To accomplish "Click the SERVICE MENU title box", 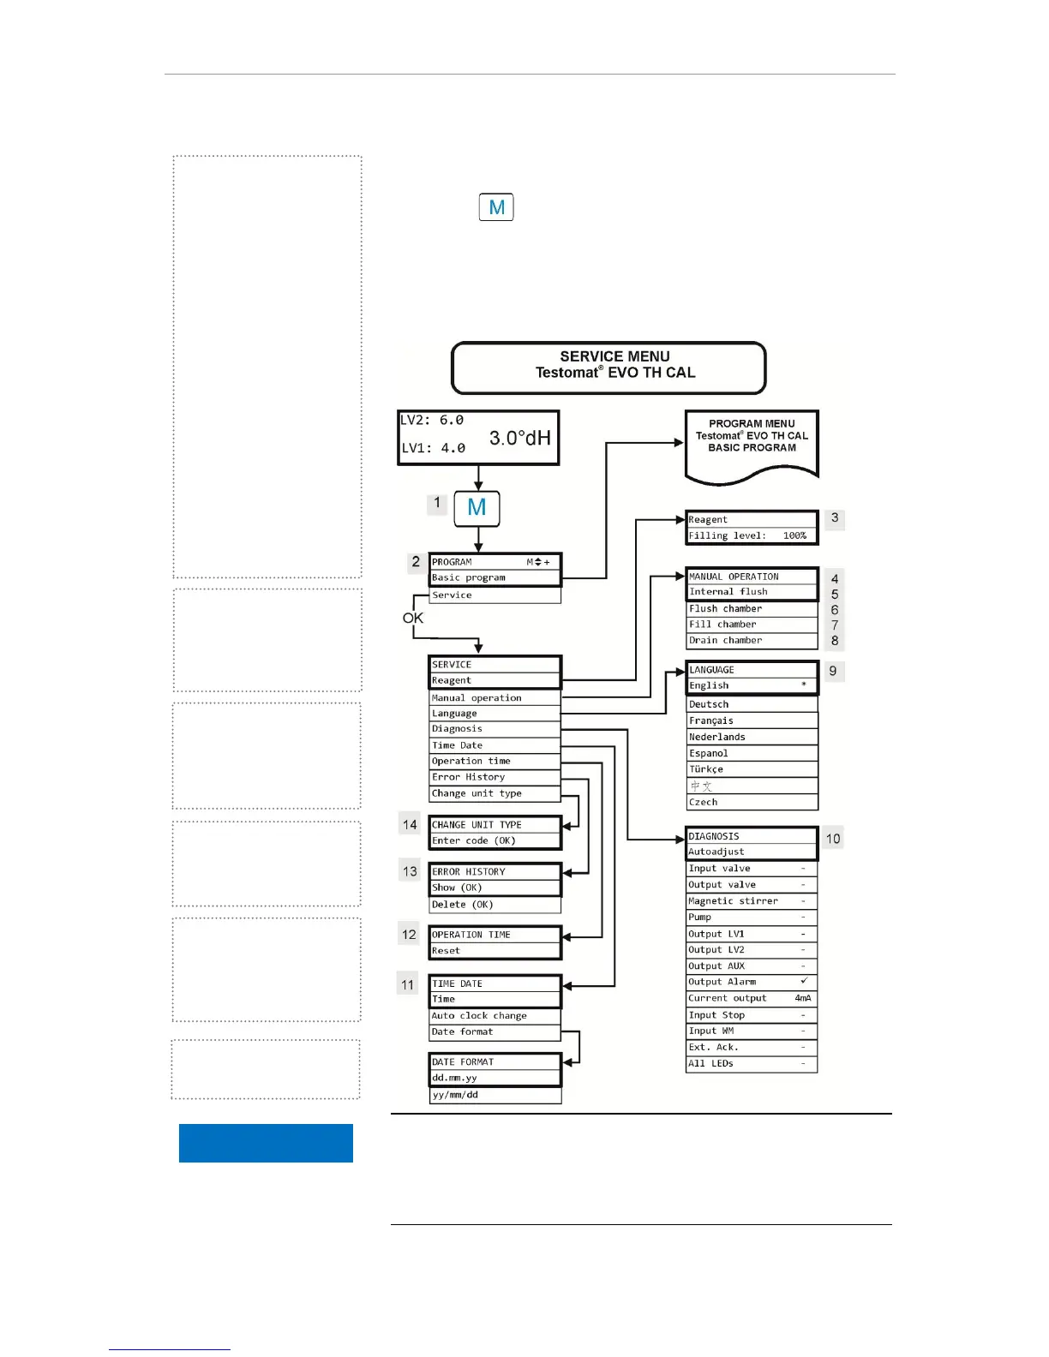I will click(x=608, y=368).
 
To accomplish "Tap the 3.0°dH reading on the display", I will click(x=519, y=439).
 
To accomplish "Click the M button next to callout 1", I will click(x=477, y=508).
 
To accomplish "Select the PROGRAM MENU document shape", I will click(x=752, y=441).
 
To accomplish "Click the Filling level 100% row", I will click(x=751, y=536).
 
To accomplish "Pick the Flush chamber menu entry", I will click(x=751, y=609).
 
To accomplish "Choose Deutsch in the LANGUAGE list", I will click(x=751, y=704).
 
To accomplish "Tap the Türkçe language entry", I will click(x=751, y=769).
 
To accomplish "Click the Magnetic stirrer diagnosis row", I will click(x=751, y=901).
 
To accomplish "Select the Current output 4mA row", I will click(x=751, y=998).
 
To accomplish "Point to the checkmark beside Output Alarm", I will click(x=803, y=981).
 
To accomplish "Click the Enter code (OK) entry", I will click(x=495, y=841).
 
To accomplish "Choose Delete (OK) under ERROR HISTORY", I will click(x=495, y=905).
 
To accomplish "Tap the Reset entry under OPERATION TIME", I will click(x=495, y=951).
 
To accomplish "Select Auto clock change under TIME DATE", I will click(x=495, y=1016).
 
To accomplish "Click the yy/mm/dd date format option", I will click(x=495, y=1095).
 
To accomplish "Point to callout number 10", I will click(x=833, y=839).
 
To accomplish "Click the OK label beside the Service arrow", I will click(x=413, y=618).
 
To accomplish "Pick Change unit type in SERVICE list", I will click(x=495, y=793).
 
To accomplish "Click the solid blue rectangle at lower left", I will click(x=266, y=1143).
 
